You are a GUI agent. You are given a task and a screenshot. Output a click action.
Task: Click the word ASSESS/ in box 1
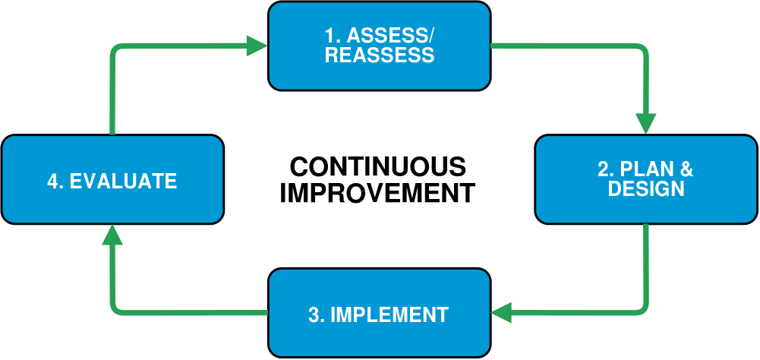point(391,36)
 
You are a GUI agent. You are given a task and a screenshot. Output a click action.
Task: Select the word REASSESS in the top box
point(380,55)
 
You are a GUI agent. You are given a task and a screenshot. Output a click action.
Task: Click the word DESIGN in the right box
point(646,188)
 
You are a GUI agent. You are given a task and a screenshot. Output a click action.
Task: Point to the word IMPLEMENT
point(389,315)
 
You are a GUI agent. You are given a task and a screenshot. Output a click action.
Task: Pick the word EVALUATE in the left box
point(123,181)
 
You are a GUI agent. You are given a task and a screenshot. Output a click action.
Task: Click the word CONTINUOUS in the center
point(377,167)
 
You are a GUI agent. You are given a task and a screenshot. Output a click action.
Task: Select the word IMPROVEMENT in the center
point(377,193)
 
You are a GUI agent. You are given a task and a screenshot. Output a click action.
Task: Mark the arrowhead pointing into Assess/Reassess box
point(257,46)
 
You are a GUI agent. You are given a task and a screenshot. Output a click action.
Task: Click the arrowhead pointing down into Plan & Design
point(645,123)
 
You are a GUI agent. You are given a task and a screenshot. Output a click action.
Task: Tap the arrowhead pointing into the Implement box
point(502,312)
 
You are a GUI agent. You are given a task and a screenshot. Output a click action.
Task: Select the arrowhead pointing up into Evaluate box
point(112,235)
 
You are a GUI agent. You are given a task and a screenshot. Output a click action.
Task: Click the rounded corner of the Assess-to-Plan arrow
point(643,49)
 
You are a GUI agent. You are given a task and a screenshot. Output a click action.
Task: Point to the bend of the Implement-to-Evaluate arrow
point(115,310)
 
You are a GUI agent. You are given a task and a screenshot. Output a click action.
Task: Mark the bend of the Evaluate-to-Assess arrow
point(115,48)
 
